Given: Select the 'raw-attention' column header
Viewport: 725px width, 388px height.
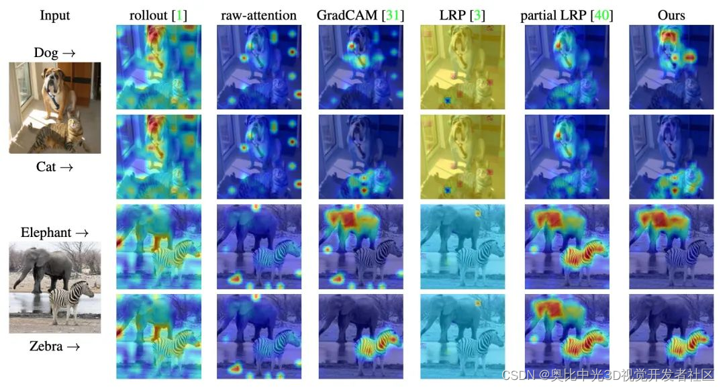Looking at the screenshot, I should pyautogui.click(x=258, y=15).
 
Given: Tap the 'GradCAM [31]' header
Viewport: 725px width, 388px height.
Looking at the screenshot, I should pyautogui.click(x=361, y=15).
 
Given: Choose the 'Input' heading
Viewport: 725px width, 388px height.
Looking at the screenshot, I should pyautogui.click(x=55, y=15).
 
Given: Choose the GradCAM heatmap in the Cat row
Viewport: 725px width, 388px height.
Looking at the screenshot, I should pyautogui.click(x=361, y=156).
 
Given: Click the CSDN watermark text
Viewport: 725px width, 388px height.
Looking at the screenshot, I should pyautogui.click(x=608, y=375).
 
